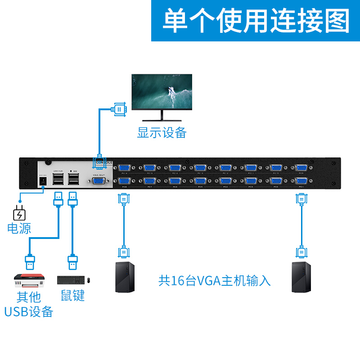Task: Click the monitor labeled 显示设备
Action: tap(162, 94)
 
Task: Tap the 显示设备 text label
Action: tap(162, 133)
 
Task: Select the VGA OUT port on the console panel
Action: tap(99, 181)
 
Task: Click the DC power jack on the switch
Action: tap(43, 180)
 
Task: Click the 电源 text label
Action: tap(19, 228)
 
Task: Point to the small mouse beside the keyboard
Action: tap(89, 280)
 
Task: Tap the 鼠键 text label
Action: tap(73, 296)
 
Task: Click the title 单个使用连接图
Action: tap(256, 21)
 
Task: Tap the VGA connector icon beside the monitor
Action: tap(118, 109)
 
